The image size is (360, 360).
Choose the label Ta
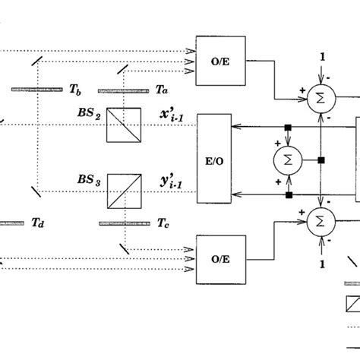tap(161, 89)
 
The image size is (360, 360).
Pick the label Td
tap(38, 223)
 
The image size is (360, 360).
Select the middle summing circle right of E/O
tap(288, 159)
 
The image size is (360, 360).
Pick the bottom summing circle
tap(322, 220)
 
